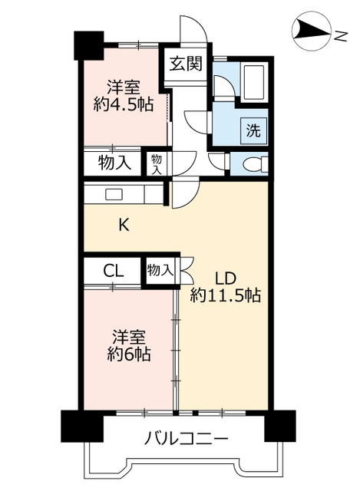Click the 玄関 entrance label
click(186, 64)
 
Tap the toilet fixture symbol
click(256, 163)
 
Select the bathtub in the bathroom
click(253, 82)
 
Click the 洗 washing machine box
click(253, 130)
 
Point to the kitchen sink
click(114, 194)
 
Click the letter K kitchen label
click(124, 225)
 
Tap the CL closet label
click(114, 271)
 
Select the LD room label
click(224, 278)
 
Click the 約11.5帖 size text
click(225, 295)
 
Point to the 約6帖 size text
click(129, 354)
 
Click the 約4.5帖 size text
click(123, 104)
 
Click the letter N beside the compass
click(340, 36)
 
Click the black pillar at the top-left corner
click(89, 45)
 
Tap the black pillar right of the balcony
click(280, 426)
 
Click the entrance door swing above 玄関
click(193, 31)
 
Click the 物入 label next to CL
click(160, 270)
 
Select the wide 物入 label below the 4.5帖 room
click(114, 163)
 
